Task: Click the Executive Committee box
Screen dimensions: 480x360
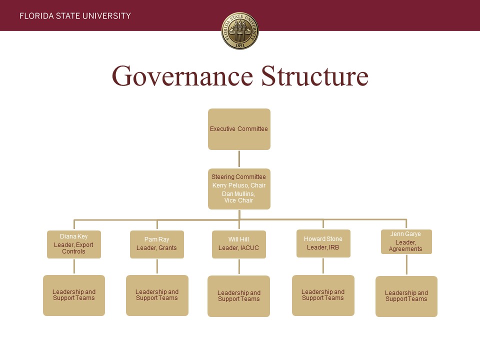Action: click(x=239, y=129)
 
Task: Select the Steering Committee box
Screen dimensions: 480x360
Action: click(x=239, y=189)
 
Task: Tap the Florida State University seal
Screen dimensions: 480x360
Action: click(x=240, y=30)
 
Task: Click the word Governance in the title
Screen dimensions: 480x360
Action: click(x=182, y=75)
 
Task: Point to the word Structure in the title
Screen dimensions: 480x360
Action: click(x=314, y=75)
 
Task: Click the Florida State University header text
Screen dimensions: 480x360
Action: click(x=75, y=16)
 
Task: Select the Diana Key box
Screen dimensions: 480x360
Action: click(x=74, y=244)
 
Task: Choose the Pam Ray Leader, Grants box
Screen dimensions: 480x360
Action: click(x=156, y=244)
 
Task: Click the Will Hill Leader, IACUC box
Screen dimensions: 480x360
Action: click(x=239, y=244)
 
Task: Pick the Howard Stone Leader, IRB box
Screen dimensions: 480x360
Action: click(x=323, y=243)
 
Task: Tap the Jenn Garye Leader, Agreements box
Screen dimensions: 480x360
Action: click(x=406, y=241)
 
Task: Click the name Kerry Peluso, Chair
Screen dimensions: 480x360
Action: click(x=239, y=185)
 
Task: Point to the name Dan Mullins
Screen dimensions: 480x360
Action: click(x=238, y=194)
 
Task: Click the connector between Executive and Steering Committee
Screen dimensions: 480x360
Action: click(x=239, y=159)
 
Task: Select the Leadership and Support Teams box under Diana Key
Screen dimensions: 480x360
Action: click(x=74, y=295)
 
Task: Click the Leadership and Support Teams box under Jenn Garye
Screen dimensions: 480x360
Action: click(x=406, y=296)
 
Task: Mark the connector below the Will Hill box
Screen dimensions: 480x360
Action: click(x=239, y=267)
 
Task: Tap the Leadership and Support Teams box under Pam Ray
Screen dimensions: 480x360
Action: click(x=157, y=295)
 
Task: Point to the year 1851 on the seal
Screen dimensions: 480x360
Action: click(x=240, y=45)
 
